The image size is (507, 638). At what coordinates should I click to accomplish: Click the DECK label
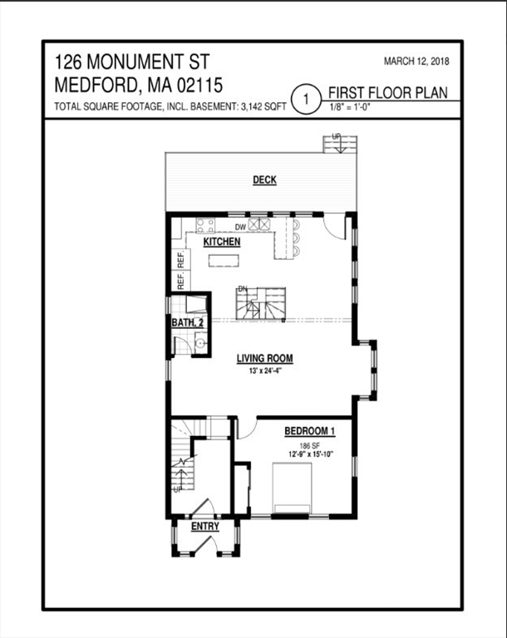(264, 179)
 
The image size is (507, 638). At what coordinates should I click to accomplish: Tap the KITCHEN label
(222, 242)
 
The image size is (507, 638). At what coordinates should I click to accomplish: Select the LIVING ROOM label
(264, 359)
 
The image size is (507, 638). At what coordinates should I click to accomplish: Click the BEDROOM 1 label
(310, 431)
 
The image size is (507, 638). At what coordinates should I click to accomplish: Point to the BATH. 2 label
(188, 322)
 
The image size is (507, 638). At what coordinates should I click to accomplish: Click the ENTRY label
(205, 526)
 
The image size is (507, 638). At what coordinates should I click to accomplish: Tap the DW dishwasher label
(241, 227)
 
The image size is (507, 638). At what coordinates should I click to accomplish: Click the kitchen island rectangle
(224, 260)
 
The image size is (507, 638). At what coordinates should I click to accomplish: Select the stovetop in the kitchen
(205, 225)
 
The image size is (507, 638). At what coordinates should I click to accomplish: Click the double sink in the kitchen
(259, 223)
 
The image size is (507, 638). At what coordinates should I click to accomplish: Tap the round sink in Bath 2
(200, 342)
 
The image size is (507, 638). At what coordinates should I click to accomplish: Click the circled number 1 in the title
(306, 99)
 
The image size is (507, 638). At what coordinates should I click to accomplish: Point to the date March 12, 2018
(416, 61)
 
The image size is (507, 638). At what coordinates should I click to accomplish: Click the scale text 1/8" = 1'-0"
(350, 108)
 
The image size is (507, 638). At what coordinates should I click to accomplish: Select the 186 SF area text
(310, 446)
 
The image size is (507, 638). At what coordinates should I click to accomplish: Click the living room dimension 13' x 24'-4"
(265, 371)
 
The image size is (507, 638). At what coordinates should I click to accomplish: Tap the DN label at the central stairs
(243, 289)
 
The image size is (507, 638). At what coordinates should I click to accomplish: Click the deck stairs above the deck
(340, 145)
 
